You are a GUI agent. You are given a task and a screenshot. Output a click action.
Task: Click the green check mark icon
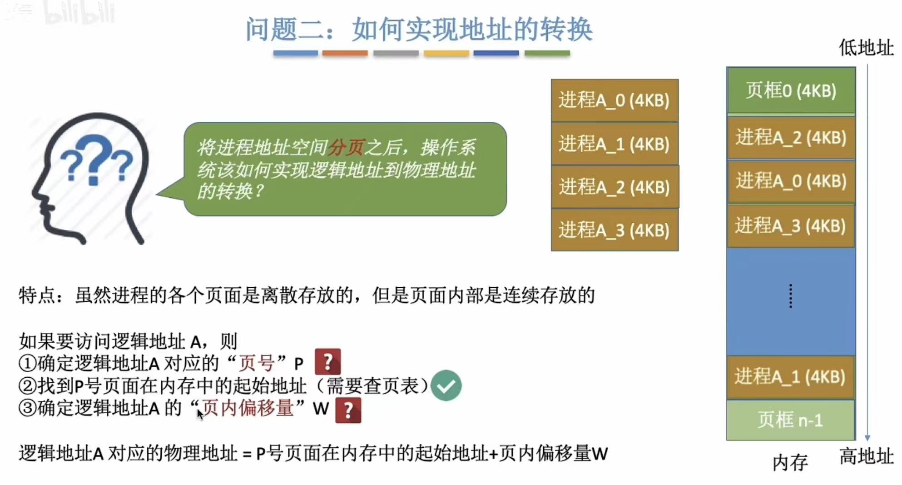tap(446, 385)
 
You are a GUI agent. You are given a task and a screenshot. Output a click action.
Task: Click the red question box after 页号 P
tap(327, 362)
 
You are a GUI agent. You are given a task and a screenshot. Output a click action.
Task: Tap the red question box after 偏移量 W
tap(348, 410)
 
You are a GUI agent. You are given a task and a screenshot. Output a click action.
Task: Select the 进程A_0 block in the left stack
tap(615, 100)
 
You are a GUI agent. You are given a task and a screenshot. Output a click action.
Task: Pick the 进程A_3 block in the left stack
tap(615, 230)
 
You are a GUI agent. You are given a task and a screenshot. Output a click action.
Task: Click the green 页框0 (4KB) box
tap(791, 90)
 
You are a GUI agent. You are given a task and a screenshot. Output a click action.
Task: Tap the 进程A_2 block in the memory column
tap(791, 137)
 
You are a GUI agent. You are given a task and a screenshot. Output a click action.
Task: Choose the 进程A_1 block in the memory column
tap(791, 377)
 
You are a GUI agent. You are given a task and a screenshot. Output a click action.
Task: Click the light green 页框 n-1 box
tap(791, 420)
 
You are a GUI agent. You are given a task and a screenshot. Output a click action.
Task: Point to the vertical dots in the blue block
tap(791, 296)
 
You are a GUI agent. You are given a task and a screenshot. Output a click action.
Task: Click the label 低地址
tap(866, 48)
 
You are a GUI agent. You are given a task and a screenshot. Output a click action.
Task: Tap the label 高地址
tap(866, 456)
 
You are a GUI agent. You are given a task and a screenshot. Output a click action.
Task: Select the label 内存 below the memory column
tap(790, 463)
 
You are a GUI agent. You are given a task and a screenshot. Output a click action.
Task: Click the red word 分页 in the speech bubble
tap(347, 147)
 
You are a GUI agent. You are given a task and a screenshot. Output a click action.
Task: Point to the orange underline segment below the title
tap(345, 53)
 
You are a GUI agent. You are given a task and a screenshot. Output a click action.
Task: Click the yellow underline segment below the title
tap(446, 53)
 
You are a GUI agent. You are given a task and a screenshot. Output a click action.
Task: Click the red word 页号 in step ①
tap(257, 363)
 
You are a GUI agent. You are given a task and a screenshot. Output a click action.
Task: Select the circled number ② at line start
tap(27, 386)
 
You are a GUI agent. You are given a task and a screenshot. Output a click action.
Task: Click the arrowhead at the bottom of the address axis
tap(867, 438)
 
